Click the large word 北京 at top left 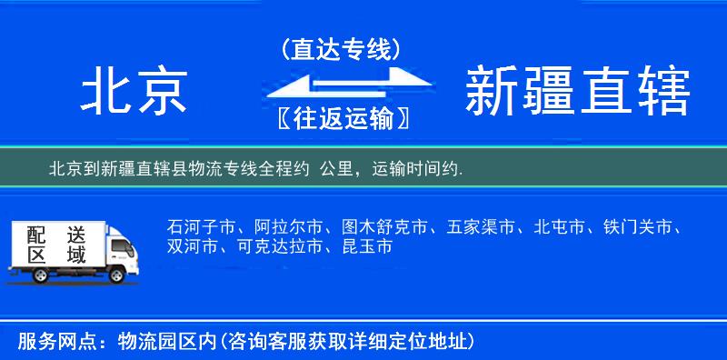(134, 94)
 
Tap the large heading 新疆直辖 (577, 94)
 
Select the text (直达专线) (341, 50)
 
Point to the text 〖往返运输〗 (341, 118)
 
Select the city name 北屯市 (560, 226)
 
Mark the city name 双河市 (192, 246)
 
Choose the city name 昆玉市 (367, 246)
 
